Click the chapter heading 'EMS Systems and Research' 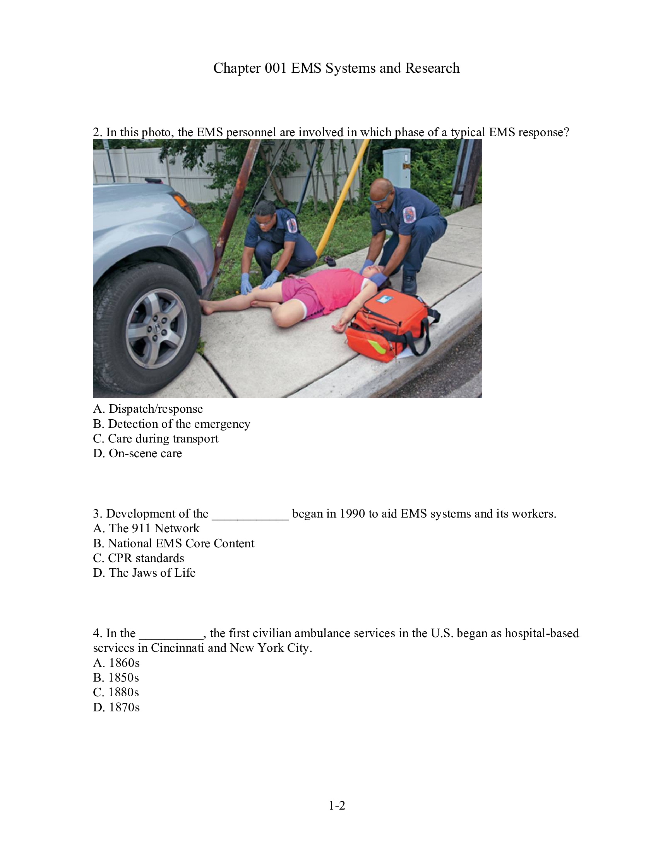click(x=336, y=68)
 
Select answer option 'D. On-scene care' click(x=137, y=453)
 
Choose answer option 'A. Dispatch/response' click(x=148, y=409)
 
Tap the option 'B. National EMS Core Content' click(x=173, y=543)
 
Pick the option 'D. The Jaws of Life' click(x=144, y=573)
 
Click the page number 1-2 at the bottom click(x=337, y=805)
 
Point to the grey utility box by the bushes click(x=396, y=167)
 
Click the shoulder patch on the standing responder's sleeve click(x=409, y=214)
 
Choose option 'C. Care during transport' click(x=156, y=438)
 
